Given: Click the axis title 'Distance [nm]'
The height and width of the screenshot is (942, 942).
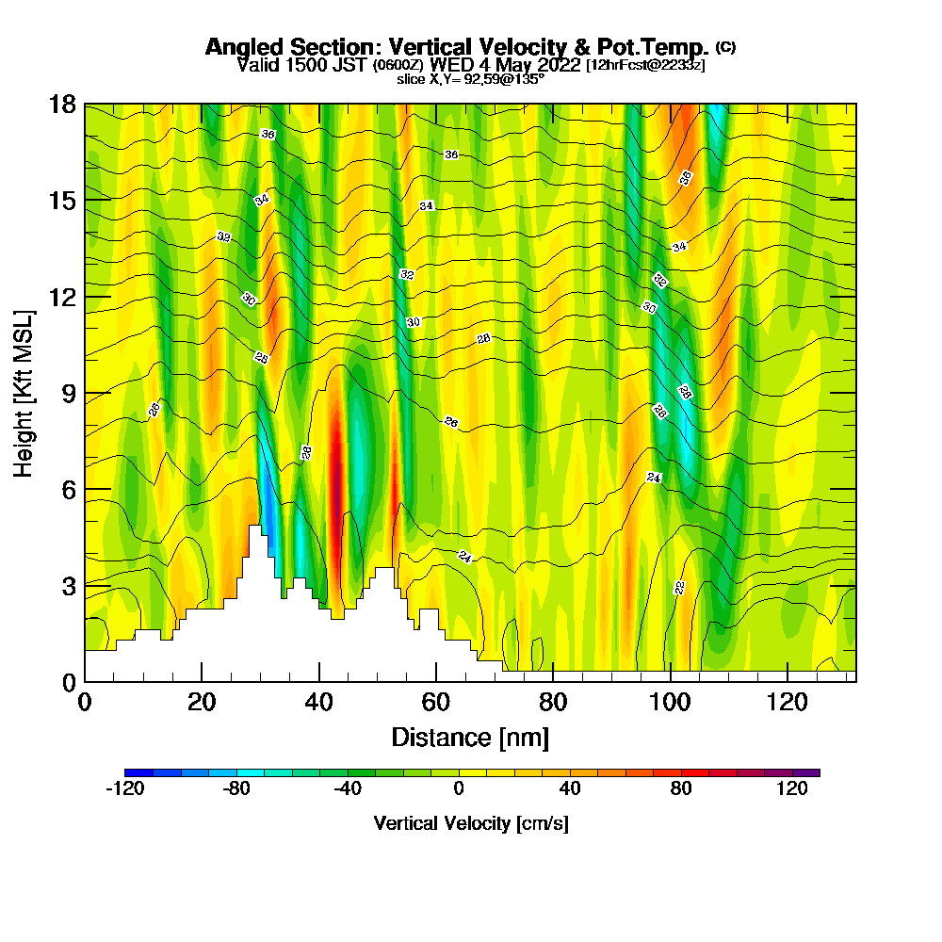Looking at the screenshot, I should (469, 737).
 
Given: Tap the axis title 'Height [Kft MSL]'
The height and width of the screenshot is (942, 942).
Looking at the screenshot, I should (24, 393).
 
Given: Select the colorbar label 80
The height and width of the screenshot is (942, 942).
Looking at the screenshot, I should (681, 789).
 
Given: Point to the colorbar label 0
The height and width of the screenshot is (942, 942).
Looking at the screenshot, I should (459, 789).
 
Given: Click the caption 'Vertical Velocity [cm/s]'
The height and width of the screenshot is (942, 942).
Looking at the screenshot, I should (471, 823).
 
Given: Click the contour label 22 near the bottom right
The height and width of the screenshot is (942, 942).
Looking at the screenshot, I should (679, 588).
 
